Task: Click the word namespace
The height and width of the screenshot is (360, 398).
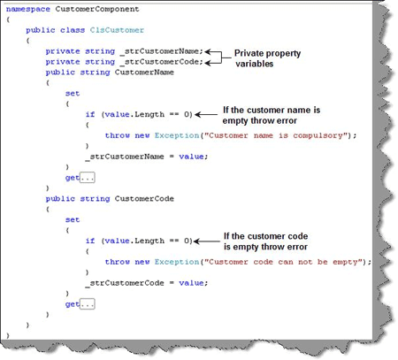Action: (28, 10)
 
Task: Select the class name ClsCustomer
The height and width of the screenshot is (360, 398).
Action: (117, 30)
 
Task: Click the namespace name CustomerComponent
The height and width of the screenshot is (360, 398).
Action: (97, 9)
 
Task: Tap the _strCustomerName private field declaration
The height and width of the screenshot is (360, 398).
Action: (162, 51)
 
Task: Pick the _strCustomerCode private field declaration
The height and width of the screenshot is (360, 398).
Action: (162, 62)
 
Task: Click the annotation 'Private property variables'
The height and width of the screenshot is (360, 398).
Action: (267, 58)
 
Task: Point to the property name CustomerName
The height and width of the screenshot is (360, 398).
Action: (144, 73)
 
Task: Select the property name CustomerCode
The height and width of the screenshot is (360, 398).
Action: (144, 199)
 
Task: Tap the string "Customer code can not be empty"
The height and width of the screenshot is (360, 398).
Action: (285, 262)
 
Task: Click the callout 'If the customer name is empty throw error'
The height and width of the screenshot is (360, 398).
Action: (272, 115)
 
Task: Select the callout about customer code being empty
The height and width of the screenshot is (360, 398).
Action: (265, 241)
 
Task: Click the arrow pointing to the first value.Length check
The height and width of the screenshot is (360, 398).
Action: (206, 115)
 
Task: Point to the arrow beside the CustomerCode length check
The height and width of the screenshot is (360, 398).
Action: (207, 241)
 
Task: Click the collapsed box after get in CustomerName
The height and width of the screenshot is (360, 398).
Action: (88, 178)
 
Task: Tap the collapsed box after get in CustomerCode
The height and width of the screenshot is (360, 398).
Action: (88, 304)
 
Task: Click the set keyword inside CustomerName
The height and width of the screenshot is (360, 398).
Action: (73, 94)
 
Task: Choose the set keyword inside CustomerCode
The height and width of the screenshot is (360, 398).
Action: (73, 220)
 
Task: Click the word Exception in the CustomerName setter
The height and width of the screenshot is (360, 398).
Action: (177, 135)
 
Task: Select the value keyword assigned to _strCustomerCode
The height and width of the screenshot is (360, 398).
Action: (191, 283)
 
